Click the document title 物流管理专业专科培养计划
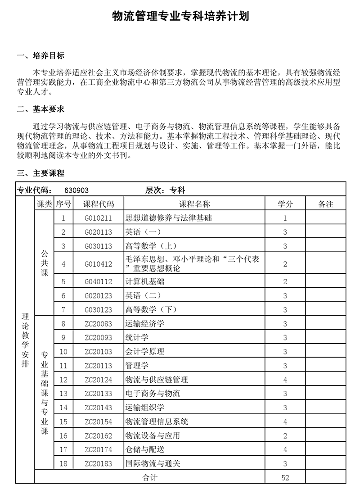tap(180, 17)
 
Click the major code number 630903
tap(80, 190)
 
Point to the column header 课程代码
tap(99, 204)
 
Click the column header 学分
tap(285, 204)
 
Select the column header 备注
tap(325, 204)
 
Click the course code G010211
tap(99, 218)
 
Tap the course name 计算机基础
tap(145, 281)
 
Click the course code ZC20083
tap(99, 324)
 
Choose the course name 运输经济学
tap(145, 324)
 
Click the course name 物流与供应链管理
tap(157, 380)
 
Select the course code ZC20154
tap(99, 422)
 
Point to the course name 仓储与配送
tap(145, 449)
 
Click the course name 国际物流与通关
tap(153, 463)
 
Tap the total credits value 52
tap(285, 478)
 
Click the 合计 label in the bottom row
tap(150, 478)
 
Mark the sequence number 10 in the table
tap(63, 352)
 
